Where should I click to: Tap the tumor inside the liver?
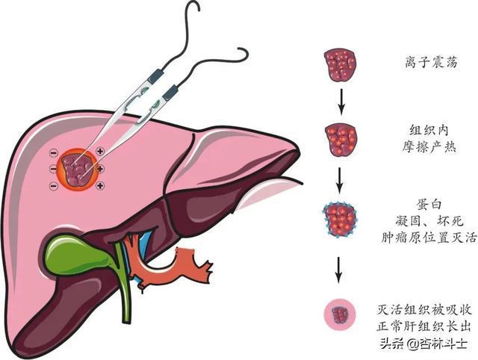[77, 170]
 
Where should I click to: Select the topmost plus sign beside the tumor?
[100, 152]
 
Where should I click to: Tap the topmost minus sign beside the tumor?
[53, 154]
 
